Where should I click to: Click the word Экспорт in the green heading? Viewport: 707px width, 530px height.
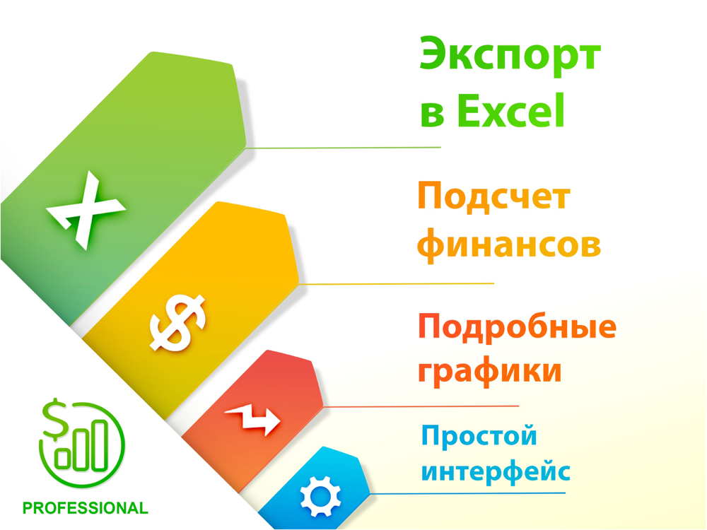510,56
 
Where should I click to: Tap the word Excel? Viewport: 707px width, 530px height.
510,110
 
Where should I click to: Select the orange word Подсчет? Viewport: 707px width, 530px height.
494,196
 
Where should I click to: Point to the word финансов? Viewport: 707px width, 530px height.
509,244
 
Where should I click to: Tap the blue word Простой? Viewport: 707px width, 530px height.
479,435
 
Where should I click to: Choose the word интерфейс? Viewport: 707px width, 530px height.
496,471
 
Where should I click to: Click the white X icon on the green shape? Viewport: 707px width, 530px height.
86,210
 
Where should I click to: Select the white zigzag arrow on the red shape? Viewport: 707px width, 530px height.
252,419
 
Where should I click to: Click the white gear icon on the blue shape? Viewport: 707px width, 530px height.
320,496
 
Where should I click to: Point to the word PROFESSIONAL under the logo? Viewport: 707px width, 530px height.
86,508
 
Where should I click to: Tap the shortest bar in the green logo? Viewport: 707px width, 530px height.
62,459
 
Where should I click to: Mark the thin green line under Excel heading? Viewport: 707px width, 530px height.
343,148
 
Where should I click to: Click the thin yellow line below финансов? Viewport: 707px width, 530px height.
397,284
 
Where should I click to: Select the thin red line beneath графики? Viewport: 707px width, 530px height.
421,406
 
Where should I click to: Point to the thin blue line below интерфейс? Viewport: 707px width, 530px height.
467,493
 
